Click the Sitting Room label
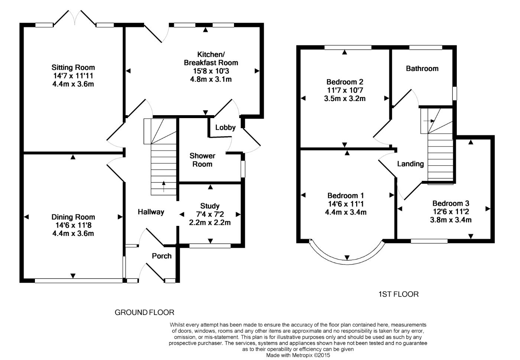click(73, 67)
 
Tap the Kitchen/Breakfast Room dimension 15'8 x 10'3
click(211, 71)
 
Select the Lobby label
click(225, 127)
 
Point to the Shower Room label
click(202, 160)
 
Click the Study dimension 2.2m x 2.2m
click(209, 223)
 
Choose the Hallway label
click(151, 212)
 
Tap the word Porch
click(162, 256)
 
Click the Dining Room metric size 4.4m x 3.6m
click(73, 233)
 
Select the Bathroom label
click(422, 68)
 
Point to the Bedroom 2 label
click(345, 82)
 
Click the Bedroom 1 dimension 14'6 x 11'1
click(346, 204)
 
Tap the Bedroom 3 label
click(451, 204)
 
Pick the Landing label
click(410, 164)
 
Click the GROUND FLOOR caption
click(144, 312)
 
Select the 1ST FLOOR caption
click(399, 294)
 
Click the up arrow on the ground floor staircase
click(164, 187)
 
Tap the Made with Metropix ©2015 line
click(298, 355)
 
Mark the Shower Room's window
click(243, 169)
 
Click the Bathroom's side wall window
click(455, 93)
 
